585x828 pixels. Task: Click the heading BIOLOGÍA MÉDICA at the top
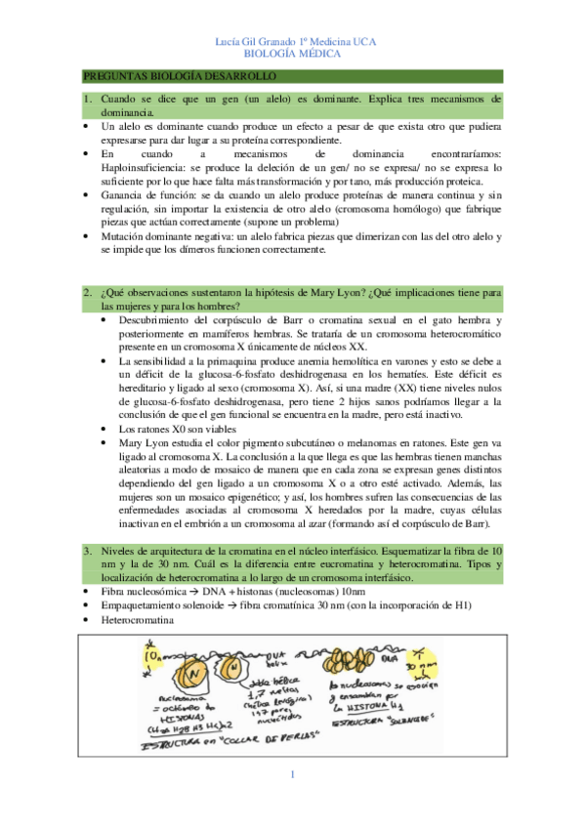click(292, 55)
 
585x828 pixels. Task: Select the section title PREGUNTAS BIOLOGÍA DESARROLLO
click(180, 76)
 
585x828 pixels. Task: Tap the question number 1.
click(86, 100)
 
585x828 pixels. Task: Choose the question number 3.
click(86, 551)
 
